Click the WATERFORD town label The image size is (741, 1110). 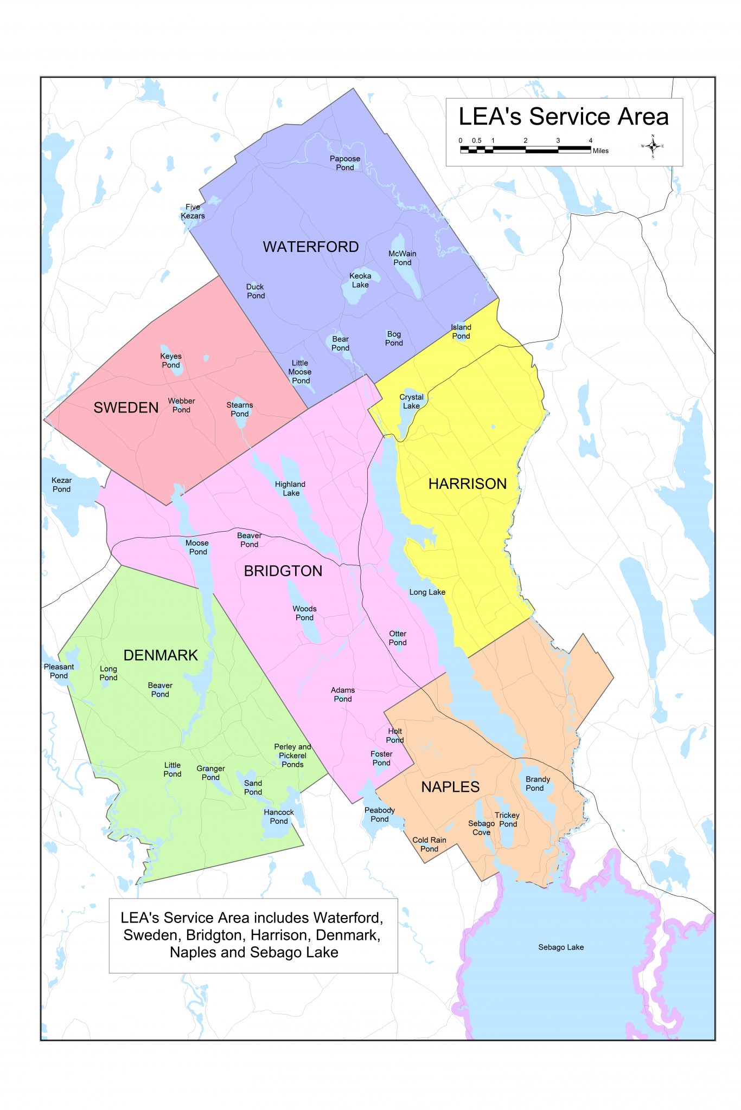311,247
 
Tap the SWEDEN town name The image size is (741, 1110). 126,408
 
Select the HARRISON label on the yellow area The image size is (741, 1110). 467,484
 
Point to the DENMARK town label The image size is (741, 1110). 161,655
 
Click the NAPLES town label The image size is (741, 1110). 450,787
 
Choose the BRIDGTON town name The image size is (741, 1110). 283,571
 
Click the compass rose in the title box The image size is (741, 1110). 653,146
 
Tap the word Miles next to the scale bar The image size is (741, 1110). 601,151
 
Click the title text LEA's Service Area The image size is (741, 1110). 563,117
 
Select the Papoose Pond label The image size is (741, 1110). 345,163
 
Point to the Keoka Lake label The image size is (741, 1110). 360,280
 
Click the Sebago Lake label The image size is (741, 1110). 561,947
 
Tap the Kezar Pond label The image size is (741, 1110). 61,485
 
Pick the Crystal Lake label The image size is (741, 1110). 411,402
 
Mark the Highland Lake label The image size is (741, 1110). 290,488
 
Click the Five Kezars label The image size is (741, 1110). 193,211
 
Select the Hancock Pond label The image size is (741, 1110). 279,816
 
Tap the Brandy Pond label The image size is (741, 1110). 537,784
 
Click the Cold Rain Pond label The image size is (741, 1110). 429,844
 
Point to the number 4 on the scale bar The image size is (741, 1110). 591,140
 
